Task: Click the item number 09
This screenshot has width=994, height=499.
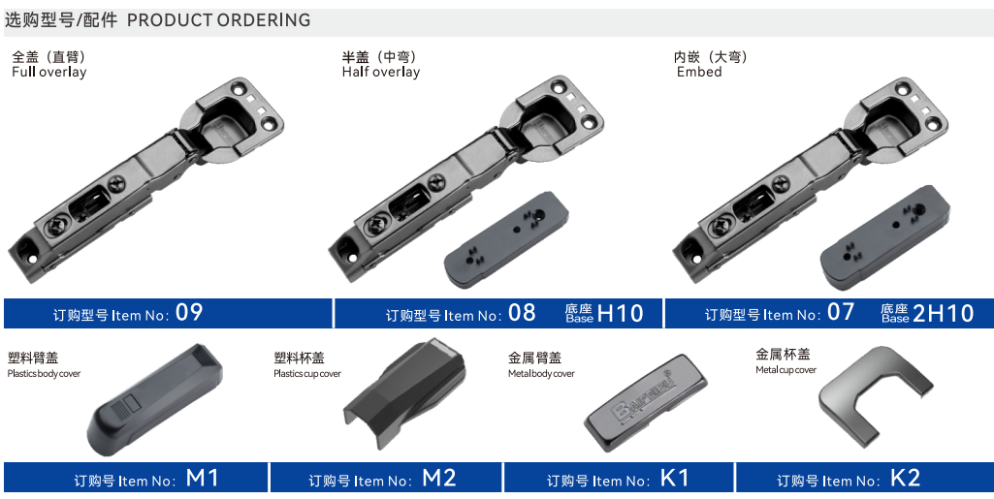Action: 189,312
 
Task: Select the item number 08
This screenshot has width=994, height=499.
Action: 522,312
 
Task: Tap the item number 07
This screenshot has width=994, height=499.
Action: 841,312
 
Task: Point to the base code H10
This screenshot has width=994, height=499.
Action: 621,313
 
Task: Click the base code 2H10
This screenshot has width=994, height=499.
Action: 943,313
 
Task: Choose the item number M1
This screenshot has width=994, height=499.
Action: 203,478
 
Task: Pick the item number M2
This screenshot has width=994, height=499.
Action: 438,478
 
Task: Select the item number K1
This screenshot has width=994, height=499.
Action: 674,478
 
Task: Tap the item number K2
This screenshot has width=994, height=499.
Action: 905,478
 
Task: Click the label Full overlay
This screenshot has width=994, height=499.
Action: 48,73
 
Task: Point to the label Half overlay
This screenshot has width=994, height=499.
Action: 381,73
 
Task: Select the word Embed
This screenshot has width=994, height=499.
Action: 699,73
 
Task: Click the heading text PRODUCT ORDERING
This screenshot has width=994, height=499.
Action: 219,20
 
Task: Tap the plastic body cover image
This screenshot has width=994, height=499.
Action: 155,400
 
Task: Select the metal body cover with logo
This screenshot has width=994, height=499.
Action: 645,403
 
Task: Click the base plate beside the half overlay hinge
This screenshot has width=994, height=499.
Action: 506,240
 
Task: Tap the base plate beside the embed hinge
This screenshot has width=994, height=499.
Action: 885,238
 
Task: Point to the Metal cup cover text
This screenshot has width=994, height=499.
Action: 786,370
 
